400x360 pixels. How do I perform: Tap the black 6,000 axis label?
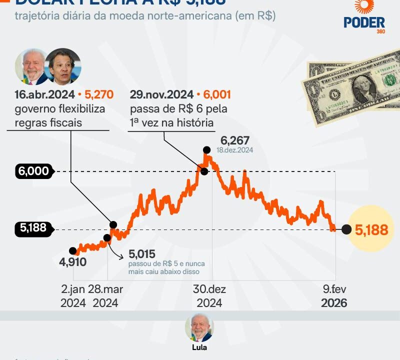[x=34, y=171]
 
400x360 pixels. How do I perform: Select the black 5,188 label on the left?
[x=33, y=228]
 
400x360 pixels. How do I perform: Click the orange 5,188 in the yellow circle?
[x=371, y=229]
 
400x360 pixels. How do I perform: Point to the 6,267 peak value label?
[x=231, y=140]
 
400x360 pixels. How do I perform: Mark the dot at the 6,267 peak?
[x=206, y=149]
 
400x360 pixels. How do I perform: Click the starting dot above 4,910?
[x=73, y=251]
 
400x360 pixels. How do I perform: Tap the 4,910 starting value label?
[x=72, y=262]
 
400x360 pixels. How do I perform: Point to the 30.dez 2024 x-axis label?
[x=209, y=296]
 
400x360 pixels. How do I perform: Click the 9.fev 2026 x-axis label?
[x=333, y=296]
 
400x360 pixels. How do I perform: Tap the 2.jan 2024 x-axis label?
[x=73, y=296]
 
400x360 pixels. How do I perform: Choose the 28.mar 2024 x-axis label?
[x=105, y=296]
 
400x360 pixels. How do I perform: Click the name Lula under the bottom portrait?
[x=199, y=347]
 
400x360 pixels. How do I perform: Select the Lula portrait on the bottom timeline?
[x=199, y=327]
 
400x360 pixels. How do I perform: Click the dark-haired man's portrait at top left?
[x=62, y=67]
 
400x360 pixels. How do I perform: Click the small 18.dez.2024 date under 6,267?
[x=235, y=150]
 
